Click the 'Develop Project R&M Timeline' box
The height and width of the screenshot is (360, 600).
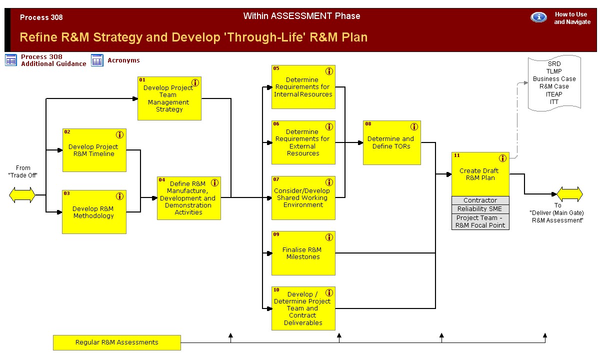click(x=94, y=150)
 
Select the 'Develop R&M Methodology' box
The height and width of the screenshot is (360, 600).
click(x=94, y=212)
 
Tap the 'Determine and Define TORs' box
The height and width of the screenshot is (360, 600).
click(x=391, y=143)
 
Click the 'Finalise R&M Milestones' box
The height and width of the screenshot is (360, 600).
click(x=303, y=253)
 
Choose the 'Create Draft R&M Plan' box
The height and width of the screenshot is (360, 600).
click(x=480, y=174)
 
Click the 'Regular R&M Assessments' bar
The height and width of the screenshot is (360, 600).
click(x=116, y=342)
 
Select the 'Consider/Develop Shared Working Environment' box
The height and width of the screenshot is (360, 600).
click(x=303, y=198)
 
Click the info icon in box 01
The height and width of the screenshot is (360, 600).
click(x=195, y=82)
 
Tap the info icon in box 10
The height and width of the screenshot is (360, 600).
click(x=329, y=292)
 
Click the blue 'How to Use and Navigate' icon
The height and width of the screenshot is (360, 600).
click(x=538, y=17)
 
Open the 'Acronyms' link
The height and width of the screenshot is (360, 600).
click(x=123, y=60)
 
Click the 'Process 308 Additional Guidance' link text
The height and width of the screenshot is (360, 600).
click(x=53, y=60)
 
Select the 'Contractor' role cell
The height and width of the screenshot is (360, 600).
click(x=480, y=200)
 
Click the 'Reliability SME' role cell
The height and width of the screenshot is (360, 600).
click(x=480, y=209)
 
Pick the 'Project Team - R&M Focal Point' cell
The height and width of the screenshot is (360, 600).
click(x=480, y=221)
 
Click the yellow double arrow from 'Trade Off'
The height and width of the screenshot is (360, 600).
click(x=22, y=195)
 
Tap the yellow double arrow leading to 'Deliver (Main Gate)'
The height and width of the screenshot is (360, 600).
click(x=569, y=194)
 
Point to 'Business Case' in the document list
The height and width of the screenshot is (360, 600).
click(x=554, y=79)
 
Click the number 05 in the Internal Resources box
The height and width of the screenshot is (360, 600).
click(x=276, y=68)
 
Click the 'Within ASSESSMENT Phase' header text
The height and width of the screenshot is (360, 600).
click(x=301, y=16)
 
